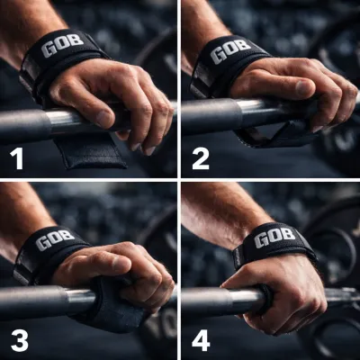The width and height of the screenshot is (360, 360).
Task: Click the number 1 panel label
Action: (x=16, y=158)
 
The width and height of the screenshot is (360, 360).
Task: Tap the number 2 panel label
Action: (x=201, y=158)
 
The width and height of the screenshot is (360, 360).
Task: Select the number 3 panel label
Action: (x=20, y=340)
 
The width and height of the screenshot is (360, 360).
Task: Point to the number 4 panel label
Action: (x=201, y=340)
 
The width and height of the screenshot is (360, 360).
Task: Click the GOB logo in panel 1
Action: (x=62, y=45)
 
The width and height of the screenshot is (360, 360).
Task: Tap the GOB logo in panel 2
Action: (x=230, y=51)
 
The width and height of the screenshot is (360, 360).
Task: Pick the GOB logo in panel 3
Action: (x=55, y=239)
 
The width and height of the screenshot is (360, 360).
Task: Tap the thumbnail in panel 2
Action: (x=302, y=87)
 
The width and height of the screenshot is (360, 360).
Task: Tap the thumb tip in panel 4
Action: (x=226, y=284)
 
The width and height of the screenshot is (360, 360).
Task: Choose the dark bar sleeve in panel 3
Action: (x=33, y=301)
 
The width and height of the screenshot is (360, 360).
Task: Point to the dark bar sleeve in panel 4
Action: (x=206, y=301)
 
